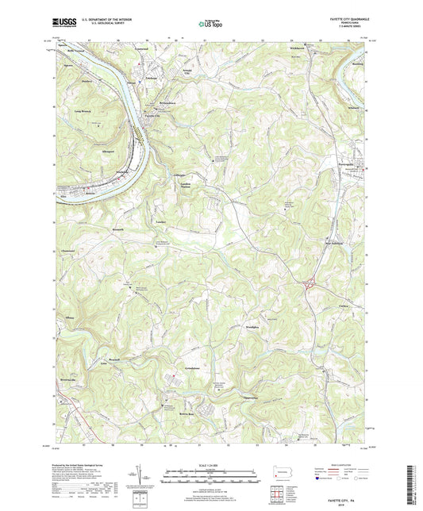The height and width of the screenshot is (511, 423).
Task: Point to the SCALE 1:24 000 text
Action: coord(210,465)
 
